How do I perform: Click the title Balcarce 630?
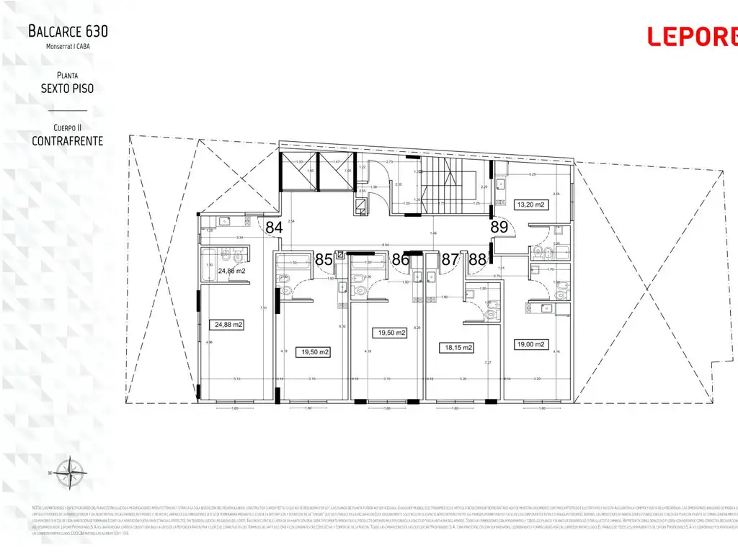[68, 31]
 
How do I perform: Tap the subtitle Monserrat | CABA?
[68, 46]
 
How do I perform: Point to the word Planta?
[68, 75]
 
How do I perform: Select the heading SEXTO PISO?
[68, 89]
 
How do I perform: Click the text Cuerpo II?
[68, 127]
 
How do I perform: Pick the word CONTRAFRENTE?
[68, 140]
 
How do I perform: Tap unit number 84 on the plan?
[274, 228]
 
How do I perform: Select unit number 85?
[324, 260]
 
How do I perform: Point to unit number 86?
[401, 260]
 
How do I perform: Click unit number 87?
[450, 260]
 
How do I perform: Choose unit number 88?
[477, 260]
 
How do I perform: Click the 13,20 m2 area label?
[533, 204]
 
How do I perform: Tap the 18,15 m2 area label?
[457, 348]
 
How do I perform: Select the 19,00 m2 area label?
[530, 344]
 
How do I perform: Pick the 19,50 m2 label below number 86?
[390, 333]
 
